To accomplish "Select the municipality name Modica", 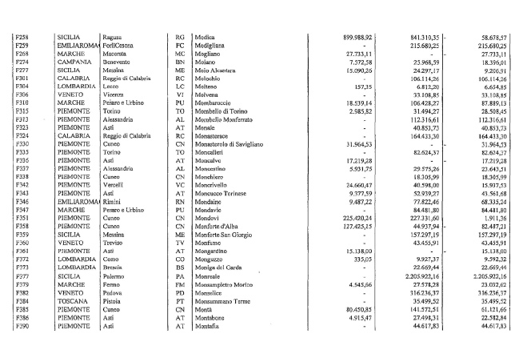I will (206, 37).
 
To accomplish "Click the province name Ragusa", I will (113, 37).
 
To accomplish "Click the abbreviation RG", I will (180, 37).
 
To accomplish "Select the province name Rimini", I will (112, 200).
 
